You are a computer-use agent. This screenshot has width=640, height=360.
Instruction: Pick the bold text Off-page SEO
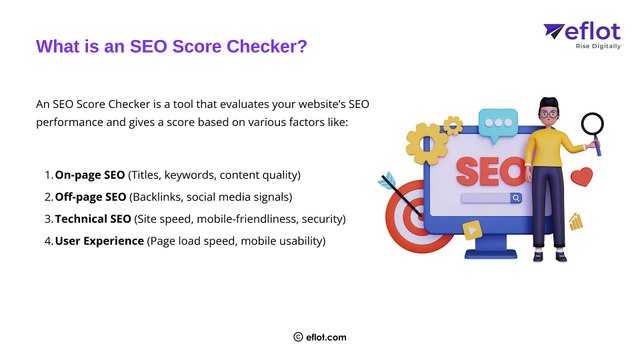tap(90, 196)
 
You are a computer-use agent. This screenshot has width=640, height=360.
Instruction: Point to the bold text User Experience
tap(99, 241)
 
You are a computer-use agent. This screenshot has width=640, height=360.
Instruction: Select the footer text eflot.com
tap(327, 338)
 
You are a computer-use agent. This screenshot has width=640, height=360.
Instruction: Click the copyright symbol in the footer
tap(298, 338)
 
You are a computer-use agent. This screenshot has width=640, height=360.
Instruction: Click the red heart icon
tap(581, 177)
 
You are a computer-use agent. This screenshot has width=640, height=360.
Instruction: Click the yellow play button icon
tap(471, 229)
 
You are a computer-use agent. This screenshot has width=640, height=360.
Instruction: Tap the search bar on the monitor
tap(490, 198)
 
